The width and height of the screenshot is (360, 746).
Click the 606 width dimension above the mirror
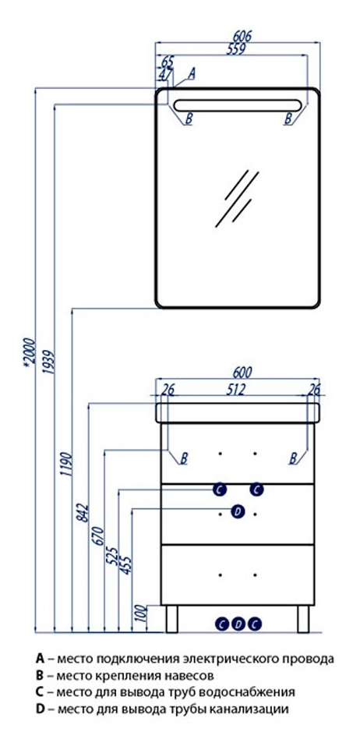coord(242,36)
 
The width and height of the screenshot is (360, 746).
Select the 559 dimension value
coord(236,49)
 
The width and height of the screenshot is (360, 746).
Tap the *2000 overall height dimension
coord(29,351)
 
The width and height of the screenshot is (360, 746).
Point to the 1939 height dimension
coord(48,362)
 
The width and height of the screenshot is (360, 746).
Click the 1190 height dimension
coord(65,465)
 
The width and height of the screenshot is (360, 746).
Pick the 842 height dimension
coord(83,512)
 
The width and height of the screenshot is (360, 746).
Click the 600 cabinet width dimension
coord(242,372)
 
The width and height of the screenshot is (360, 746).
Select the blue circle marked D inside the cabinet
coord(238,511)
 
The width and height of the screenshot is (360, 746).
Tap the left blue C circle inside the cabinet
coord(219,489)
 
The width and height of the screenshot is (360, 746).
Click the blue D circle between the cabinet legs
coord(238,624)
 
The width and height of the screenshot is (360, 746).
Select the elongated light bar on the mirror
coord(238,105)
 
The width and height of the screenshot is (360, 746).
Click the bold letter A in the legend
coord(40,659)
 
